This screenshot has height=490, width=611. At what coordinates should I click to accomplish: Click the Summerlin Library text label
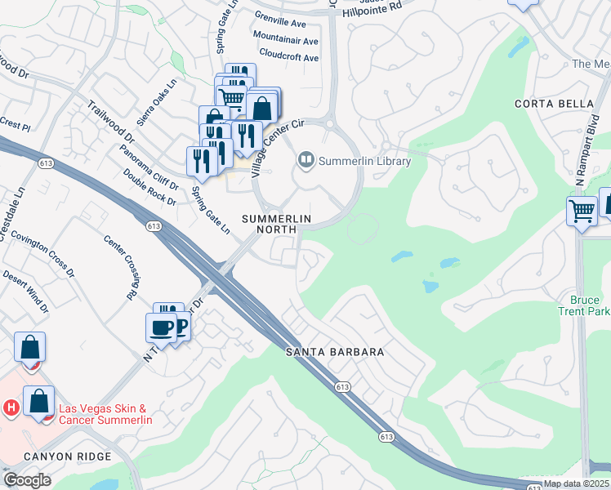(364, 161)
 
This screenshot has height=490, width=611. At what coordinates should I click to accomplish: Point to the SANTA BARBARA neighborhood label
(335, 352)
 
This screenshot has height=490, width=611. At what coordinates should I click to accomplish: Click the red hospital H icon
(11, 407)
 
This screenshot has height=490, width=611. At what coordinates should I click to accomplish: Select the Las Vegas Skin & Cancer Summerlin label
(104, 413)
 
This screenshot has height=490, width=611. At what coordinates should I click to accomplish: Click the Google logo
(27, 480)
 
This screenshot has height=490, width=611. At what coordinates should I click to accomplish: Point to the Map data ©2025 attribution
(576, 483)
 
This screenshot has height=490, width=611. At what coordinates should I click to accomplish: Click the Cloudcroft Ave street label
(288, 57)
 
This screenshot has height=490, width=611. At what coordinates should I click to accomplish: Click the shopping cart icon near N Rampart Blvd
(582, 211)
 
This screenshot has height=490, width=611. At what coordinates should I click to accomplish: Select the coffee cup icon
(159, 327)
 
